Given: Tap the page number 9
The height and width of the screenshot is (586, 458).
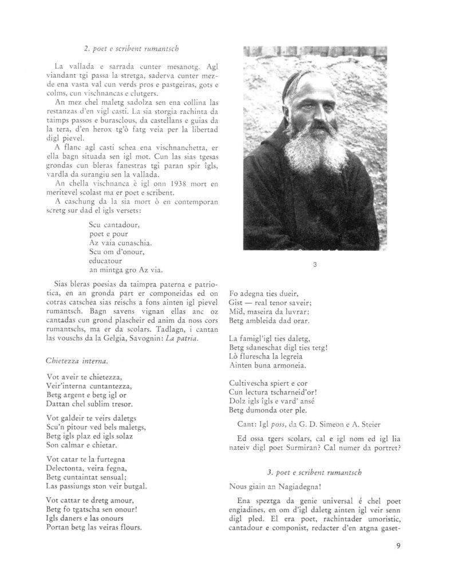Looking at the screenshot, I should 398,545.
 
